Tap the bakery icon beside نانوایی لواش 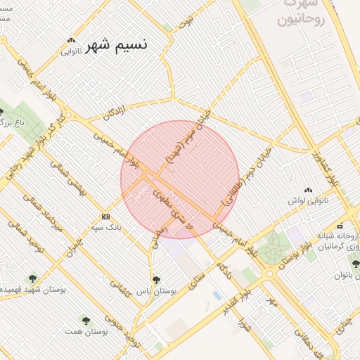pyautogui.click(x=307, y=190)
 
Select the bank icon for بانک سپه pyautogui.click(x=105, y=217)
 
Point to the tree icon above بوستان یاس pyautogui.click(x=156, y=279)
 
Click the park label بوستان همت pyautogui.click(x=85, y=330)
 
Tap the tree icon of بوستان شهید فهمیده pyautogui.click(x=32, y=278)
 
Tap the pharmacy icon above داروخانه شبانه pyautogui.click(x=340, y=226)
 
